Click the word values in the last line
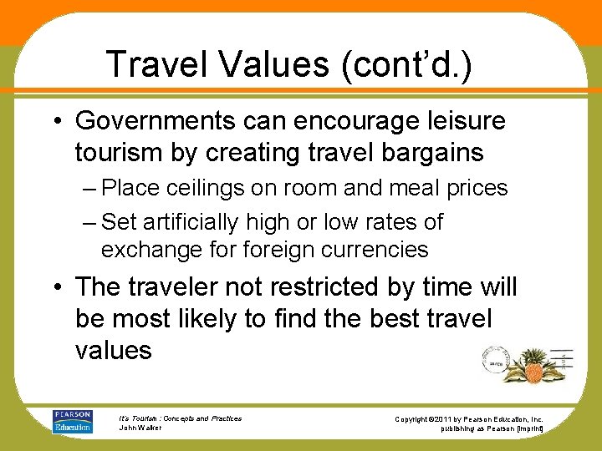click(x=113, y=350)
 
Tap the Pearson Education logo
click(x=73, y=422)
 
